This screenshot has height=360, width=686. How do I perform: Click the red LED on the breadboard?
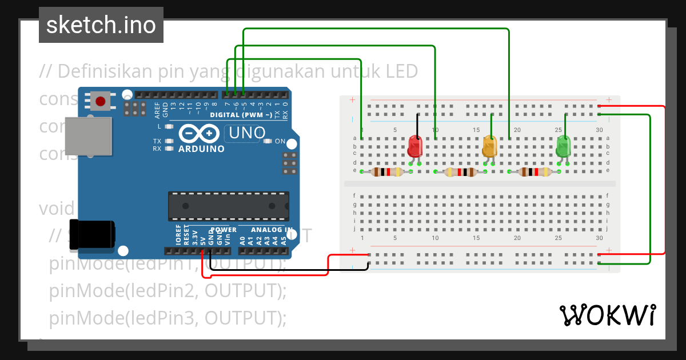point(414,147)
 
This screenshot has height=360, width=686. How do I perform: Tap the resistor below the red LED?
point(387,172)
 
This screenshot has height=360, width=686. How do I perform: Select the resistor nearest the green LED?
point(535,172)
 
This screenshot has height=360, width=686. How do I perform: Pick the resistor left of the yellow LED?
point(461,172)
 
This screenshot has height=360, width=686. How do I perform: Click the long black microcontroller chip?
point(228,206)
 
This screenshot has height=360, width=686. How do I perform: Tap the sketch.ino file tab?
point(101,25)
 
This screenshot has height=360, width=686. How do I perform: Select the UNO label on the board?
point(247,133)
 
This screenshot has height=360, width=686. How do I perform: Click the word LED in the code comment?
point(401,71)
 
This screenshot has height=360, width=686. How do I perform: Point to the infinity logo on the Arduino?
point(199,134)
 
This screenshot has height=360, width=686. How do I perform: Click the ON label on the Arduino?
point(280,141)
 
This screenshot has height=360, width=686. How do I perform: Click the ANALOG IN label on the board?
point(272,230)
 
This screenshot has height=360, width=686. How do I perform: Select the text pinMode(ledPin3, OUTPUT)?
point(167,318)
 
